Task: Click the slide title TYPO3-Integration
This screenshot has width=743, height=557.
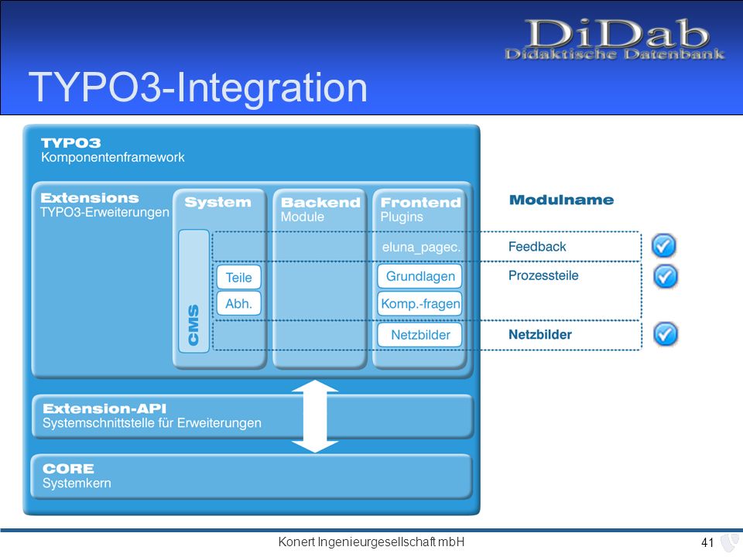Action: point(197,87)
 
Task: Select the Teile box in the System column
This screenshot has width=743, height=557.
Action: point(239,277)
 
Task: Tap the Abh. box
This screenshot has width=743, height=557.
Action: point(239,303)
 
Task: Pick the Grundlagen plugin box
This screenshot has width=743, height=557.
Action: point(419,276)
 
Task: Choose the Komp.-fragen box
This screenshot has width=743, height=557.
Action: point(419,303)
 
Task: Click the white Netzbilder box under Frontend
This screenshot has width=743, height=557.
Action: point(419,335)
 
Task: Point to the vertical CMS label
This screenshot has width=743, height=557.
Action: point(193,325)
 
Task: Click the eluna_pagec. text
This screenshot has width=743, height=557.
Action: point(421,248)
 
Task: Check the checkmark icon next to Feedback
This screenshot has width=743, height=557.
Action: point(663,246)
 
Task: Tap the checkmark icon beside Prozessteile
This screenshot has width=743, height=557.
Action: point(666,276)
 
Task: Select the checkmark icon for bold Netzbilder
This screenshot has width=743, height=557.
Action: point(666,334)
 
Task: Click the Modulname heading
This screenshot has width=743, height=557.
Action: point(562,200)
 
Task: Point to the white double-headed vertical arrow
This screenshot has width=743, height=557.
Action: point(315,416)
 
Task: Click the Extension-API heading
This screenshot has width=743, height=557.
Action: point(104,408)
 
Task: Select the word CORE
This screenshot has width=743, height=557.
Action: point(68,469)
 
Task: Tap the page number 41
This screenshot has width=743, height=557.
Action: point(707,542)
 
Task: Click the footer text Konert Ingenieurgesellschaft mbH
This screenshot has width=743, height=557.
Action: point(371,542)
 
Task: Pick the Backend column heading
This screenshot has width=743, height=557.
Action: point(320,203)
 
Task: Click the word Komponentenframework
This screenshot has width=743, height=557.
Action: point(113,157)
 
